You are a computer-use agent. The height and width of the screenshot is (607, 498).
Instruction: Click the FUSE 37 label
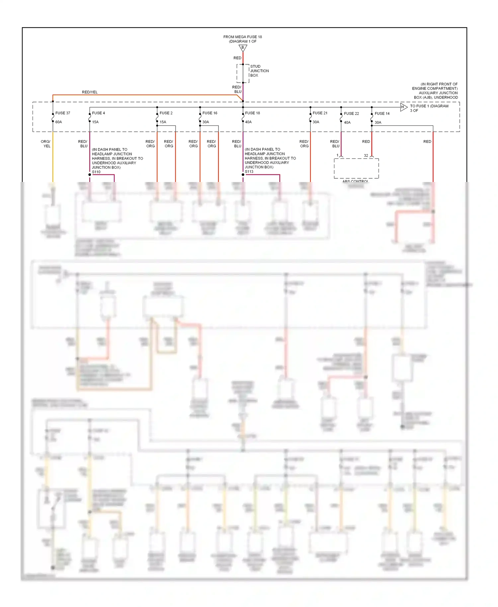pyautogui.click(x=62, y=113)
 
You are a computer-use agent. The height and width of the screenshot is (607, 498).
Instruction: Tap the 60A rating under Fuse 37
pyautogui.click(x=58, y=122)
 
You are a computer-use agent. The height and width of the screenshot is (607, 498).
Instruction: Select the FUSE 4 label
pyautogui.click(x=98, y=113)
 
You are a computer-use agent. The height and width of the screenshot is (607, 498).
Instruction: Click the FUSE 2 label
pyautogui.click(x=166, y=113)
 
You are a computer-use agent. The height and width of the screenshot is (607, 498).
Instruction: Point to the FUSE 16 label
pyautogui.click(x=210, y=113)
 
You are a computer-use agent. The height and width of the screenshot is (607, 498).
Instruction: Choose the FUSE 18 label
pyautogui.click(x=252, y=113)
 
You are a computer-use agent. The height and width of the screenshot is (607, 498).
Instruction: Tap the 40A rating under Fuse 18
pyautogui.click(x=248, y=122)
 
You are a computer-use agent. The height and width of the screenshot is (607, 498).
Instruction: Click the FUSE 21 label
pyautogui.click(x=320, y=113)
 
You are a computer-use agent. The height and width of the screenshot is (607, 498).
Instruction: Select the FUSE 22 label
pyautogui.click(x=351, y=113)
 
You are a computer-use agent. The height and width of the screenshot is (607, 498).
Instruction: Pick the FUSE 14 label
pyautogui.click(x=382, y=113)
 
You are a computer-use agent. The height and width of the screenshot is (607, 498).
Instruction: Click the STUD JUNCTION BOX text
pyautogui.click(x=259, y=71)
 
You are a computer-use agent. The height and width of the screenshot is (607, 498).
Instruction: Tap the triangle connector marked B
pyautogui.click(x=243, y=48)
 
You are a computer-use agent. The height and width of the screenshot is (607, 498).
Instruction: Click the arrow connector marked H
pyautogui.click(x=403, y=107)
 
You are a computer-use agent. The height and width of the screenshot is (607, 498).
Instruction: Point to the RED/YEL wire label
pyautogui.click(x=90, y=92)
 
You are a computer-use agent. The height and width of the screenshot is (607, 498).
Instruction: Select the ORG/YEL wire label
pyautogui.click(x=46, y=144)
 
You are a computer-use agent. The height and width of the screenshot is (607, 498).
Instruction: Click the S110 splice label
pyautogui.click(x=96, y=172)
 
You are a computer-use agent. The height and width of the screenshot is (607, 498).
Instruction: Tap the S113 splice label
pyautogui.click(x=249, y=172)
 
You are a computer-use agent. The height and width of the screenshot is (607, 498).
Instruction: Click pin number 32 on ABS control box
pyautogui.click(x=366, y=155)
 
